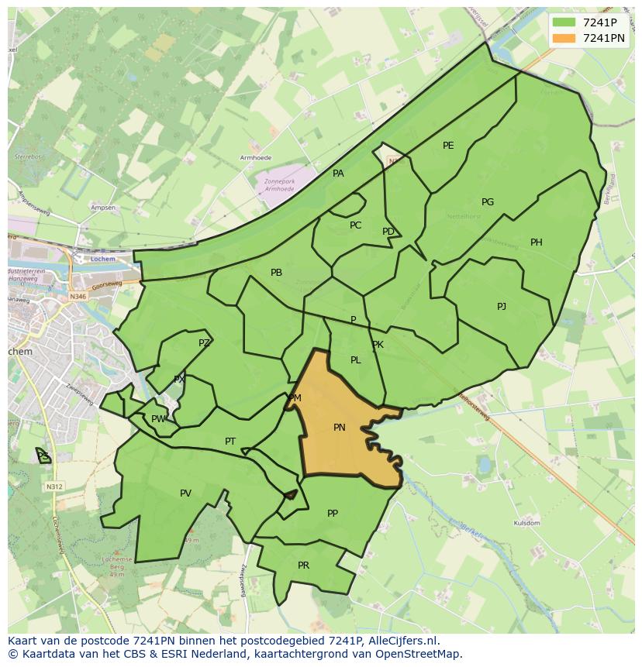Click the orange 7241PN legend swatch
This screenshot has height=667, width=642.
tap(564, 38)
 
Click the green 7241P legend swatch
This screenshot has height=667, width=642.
tap(564, 22)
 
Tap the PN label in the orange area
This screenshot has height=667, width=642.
tap(340, 428)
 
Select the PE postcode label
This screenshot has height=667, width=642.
tap(448, 146)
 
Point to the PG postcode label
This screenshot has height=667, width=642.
tap(488, 202)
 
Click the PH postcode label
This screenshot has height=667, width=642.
tap(537, 242)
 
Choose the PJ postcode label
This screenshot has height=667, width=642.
tap(502, 307)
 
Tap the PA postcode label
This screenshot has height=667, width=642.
tap(338, 174)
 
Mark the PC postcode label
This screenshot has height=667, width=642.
tap(355, 225)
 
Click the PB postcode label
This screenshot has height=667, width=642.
tap(276, 273)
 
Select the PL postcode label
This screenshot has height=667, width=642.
tap(355, 360)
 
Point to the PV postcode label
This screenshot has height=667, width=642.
tap(185, 493)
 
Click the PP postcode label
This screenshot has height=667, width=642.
tap(333, 513)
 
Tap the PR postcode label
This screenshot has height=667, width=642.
tap(303, 566)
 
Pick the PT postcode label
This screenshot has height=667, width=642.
tap(230, 442)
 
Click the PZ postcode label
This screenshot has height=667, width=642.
tap(204, 343)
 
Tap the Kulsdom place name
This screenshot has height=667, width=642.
tap(526, 524)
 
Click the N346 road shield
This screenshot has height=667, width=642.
tap(78, 296)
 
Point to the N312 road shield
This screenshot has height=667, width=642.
tap(53, 486)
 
